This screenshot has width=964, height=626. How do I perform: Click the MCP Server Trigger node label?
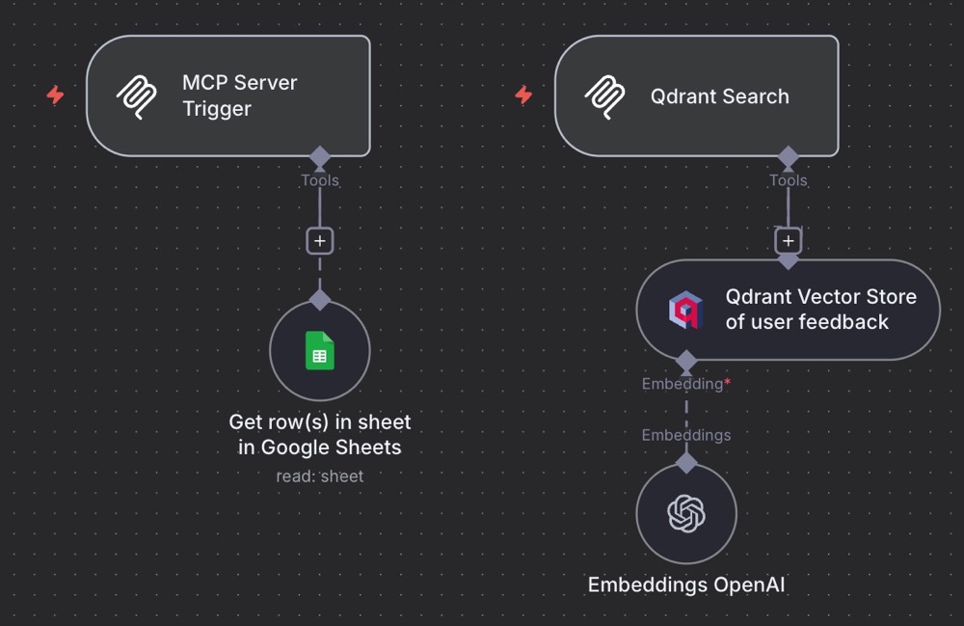tap(239, 95)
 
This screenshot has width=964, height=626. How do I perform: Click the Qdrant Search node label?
tap(719, 96)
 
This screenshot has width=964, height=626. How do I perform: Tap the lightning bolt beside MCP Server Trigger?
tap(56, 95)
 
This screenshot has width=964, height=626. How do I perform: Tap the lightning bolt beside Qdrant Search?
tap(523, 95)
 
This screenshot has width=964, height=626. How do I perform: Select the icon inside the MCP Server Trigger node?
tap(137, 96)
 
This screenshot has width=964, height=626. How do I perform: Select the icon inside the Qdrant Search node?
tap(605, 96)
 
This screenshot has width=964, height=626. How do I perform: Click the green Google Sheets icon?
tap(319, 350)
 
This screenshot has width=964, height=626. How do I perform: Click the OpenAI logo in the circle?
tap(686, 514)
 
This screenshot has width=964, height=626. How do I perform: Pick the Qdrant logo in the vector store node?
tap(685, 310)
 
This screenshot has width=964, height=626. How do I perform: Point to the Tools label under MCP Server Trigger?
tap(319, 180)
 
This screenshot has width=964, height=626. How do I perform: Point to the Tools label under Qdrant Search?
tap(788, 180)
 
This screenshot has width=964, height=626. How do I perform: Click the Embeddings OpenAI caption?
tap(686, 585)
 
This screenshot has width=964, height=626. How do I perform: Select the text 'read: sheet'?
tap(319, 476)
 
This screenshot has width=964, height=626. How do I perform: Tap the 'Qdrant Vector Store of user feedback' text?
tap(820, 310)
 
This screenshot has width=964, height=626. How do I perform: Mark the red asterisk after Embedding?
tap(728, 383)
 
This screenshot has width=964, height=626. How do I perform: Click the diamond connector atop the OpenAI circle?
tap(686, 462)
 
